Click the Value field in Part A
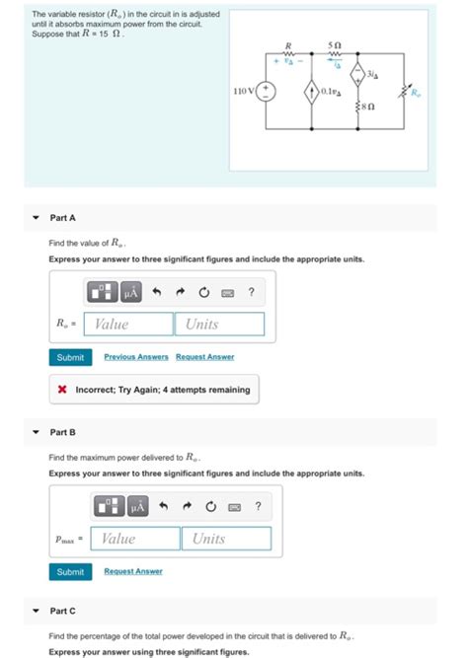[x=128, y=324]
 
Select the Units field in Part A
[x=219, y=324]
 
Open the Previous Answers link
[x=136, y=357]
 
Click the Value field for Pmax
[x=135, y=539]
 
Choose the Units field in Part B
[x=226, y=539]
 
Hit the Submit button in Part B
[x=70, y=572]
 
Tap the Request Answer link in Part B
[x=133, y=572]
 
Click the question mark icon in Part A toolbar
[x=253, y=291]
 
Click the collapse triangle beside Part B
[x=37, y=432]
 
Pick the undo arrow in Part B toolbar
[x=164, y=506]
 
